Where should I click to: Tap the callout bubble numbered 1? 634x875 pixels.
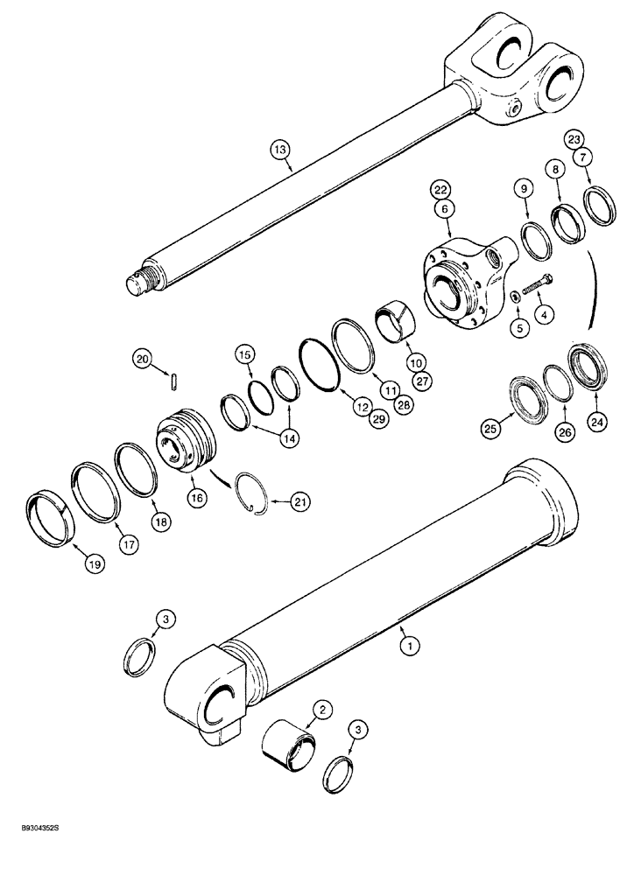tap(405, 647)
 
